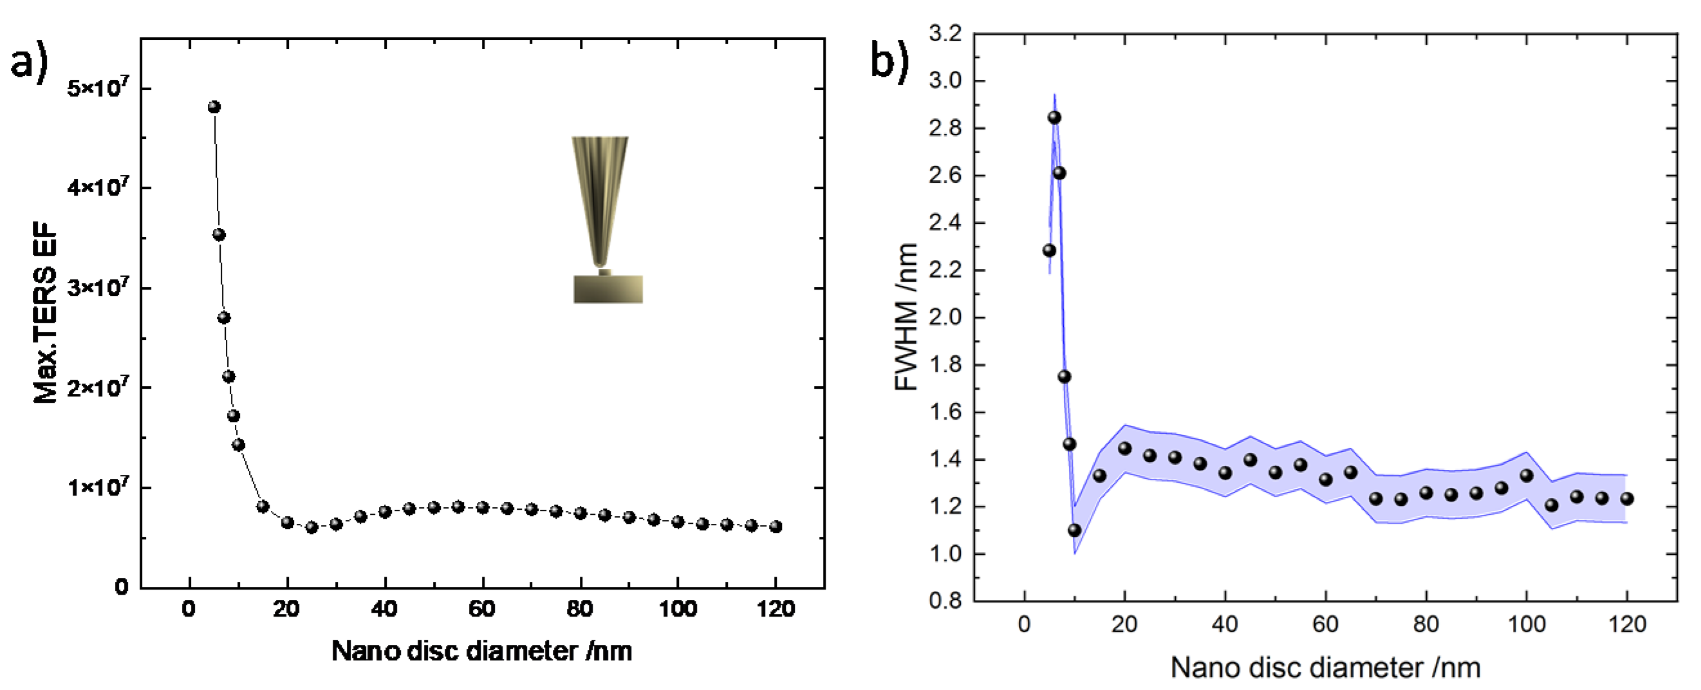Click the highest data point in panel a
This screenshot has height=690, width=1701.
tap(214, 107)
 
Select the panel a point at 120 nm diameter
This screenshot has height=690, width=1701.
tap(776, 527)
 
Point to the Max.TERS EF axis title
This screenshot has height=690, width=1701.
tap(46, 313)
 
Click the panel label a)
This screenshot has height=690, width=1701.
tap(30, 64)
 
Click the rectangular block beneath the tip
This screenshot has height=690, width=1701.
tap(608, 289)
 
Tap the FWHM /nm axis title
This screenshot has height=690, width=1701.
tap(907, 317)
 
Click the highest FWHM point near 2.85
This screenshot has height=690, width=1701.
tap(1055, 118)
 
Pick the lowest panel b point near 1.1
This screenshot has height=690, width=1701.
tap(1074, 530)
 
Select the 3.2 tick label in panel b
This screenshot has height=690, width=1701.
tap(945, 33)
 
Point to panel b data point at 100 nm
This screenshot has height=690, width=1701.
tap(1526, 476)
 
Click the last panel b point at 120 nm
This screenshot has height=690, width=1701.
tap(1627, 499)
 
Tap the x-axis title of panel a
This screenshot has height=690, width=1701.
tap(481, 651)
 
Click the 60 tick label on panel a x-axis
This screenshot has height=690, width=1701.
tap(481, 608)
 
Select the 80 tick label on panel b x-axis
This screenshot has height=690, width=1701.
tap(1426, 624)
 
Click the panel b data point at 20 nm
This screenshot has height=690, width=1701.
tap(1124, 449)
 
